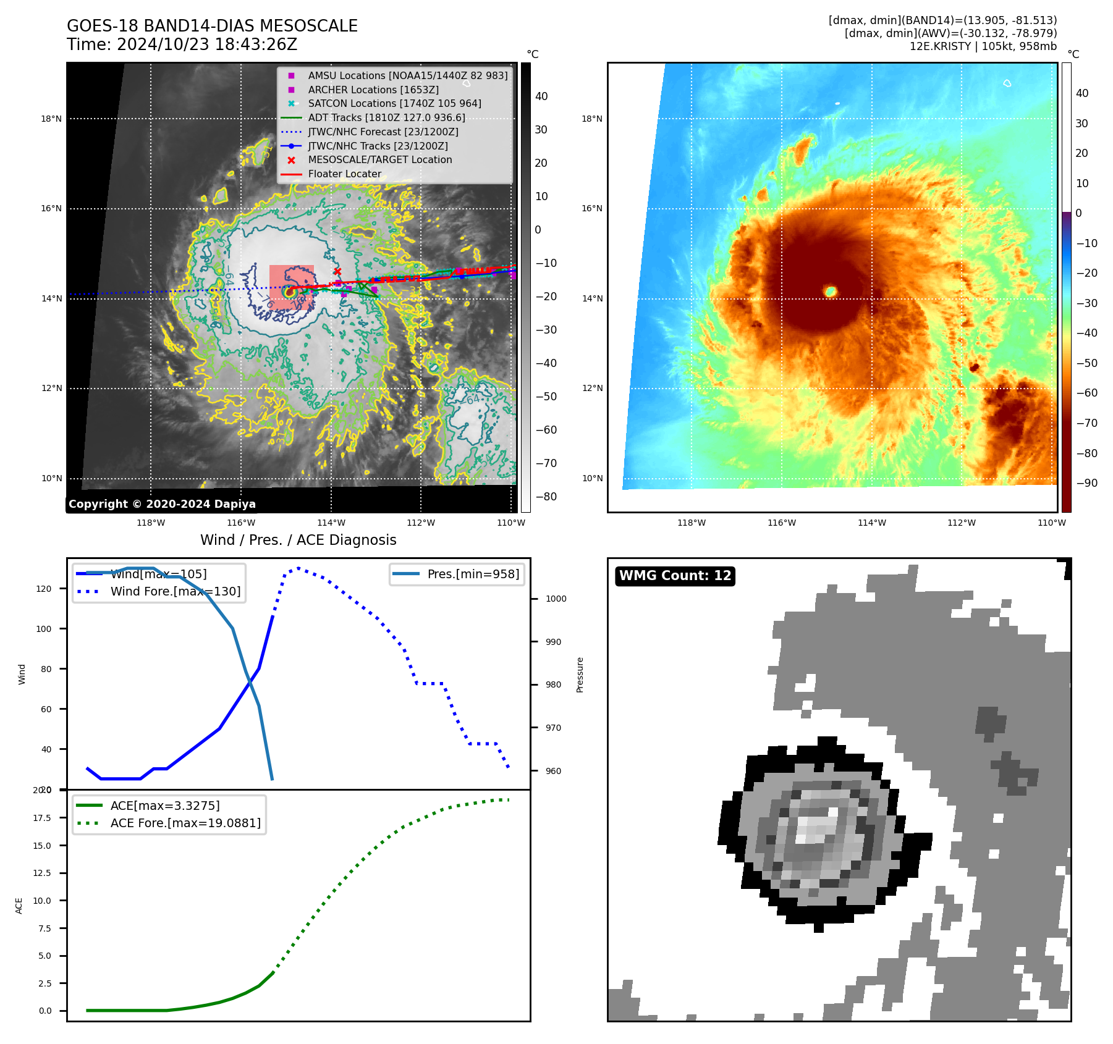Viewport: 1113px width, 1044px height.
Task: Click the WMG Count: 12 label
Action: tap(675, 576)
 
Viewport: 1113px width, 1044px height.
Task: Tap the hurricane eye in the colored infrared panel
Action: tap(831, 291)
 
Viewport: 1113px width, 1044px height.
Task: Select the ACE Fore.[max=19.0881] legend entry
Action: tap(185, 823)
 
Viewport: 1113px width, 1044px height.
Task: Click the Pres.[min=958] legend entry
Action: tap(473, 574)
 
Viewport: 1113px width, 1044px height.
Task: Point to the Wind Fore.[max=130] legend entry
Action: tap(175, 591)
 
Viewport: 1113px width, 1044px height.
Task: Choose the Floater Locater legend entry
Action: tap(344, 174)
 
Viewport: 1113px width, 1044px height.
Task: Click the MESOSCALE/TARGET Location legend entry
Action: tap(379, 160)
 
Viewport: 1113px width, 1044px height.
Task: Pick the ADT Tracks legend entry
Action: tap(386, 117)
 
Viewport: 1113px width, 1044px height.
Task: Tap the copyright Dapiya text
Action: tap(162, 504)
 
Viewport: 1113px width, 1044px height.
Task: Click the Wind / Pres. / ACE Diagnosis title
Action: tap(298, 540)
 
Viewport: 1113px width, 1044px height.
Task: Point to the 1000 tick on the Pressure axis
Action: tap(556, 599)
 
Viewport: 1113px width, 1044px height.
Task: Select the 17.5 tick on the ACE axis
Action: tap(42, 818)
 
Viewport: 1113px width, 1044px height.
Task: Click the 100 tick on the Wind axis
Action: tap(44, 629)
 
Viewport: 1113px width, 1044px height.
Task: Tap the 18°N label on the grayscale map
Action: tap(51, 119)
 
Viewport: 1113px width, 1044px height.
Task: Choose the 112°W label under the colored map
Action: tap(961, 523)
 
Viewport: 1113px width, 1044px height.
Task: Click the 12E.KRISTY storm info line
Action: tap(983, 46)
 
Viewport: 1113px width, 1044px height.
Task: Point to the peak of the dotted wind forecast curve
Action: tap(298, 568)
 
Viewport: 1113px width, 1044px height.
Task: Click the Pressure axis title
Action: tap(580, 675)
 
